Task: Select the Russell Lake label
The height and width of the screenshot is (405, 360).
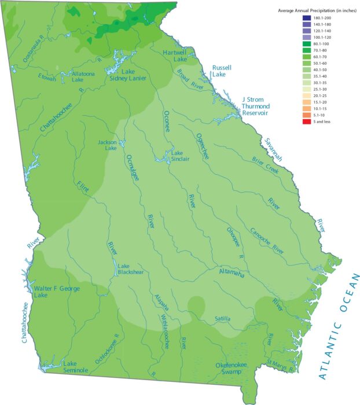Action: pyautogui.click(x=222, y=71)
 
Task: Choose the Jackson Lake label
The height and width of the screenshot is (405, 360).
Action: pyautogui.click(x=107, y=145)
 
